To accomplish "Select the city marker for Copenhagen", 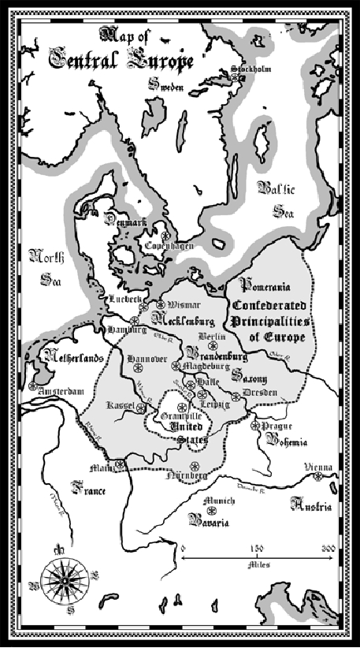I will click(x=166, y=236).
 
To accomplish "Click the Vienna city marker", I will click(x=318, y=476).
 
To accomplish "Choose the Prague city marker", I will click(x=254, y=426).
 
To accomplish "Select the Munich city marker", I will click(x=211, y=511).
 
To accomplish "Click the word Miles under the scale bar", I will click(x=257, y=564).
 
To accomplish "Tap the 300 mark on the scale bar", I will click(x=329, y=547).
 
